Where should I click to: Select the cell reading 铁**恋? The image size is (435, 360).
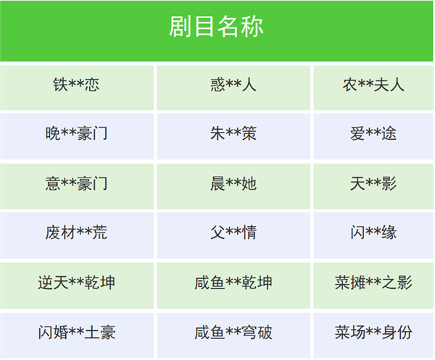point(76,85)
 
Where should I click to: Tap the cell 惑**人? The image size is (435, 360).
point(233,85)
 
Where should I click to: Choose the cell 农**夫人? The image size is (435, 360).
point(373,85)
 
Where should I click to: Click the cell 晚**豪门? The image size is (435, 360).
point(76,135)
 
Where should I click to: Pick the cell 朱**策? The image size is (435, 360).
point(233,135)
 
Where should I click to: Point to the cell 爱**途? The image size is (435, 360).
point(373,135)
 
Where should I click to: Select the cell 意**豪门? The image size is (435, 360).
point(76,184)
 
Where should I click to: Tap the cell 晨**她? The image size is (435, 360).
point(233,184)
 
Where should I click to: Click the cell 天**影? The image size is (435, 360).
point(373,184)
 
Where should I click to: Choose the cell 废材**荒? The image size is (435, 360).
point(76,233)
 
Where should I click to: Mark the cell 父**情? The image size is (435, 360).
point(233,233)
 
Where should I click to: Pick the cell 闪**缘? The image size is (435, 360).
point(373,233)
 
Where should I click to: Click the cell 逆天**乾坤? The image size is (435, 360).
point(76,282)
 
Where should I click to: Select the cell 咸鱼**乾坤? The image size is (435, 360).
point(233,282)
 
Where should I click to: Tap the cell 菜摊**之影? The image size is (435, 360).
point(373,282)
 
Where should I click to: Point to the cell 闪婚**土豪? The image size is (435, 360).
point(76,332)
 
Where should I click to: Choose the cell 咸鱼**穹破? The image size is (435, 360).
point(233,332)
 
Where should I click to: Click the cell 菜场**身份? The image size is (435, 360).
point(373,332)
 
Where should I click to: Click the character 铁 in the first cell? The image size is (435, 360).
point(60,85)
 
